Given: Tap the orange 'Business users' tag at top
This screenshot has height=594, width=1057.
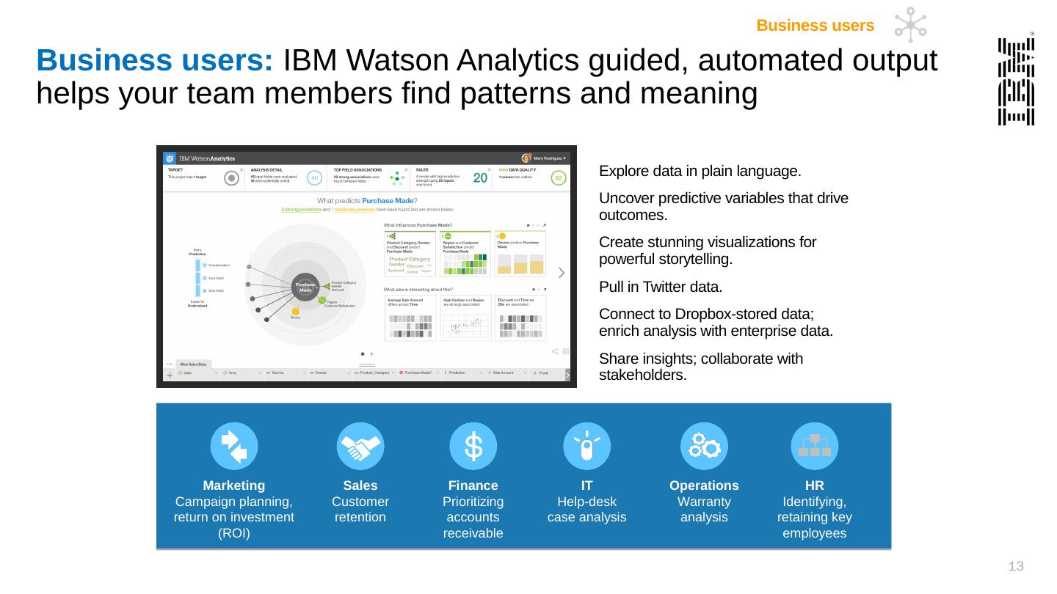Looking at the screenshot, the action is (x=815, y=26).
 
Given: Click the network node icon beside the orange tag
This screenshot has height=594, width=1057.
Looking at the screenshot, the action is (x=910, y=25).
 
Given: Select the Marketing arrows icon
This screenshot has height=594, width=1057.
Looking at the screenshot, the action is (x=234, y=447).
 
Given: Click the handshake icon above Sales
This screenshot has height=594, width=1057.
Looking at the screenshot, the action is (x=360, y=447).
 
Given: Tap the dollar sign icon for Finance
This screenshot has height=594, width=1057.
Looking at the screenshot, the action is (x=473, y=447).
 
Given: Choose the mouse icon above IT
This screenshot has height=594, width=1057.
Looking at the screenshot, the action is (x=586, y=447).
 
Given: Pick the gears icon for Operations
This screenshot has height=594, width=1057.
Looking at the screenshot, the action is (x=704, y=447).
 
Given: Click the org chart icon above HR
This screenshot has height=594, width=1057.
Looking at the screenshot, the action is (x=814, y=447).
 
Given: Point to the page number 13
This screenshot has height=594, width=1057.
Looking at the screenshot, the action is (x=1016, y=566).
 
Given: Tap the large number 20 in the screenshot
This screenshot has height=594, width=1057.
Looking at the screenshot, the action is (x=481, y=178).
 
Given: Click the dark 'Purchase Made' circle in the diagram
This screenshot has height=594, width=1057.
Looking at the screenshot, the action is (x=305, y=287).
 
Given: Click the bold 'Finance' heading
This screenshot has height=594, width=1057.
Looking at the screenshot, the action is (x=473, y=485).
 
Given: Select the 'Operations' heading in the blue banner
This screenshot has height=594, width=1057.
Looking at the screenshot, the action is (x=704, y=485).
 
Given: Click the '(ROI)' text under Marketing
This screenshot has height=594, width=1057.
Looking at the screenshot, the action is (x=234, y=533).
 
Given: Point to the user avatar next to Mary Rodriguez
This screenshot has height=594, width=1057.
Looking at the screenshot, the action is (x=526, y=158).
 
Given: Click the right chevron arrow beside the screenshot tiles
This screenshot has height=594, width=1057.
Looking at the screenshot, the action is (x=562, y=273).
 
